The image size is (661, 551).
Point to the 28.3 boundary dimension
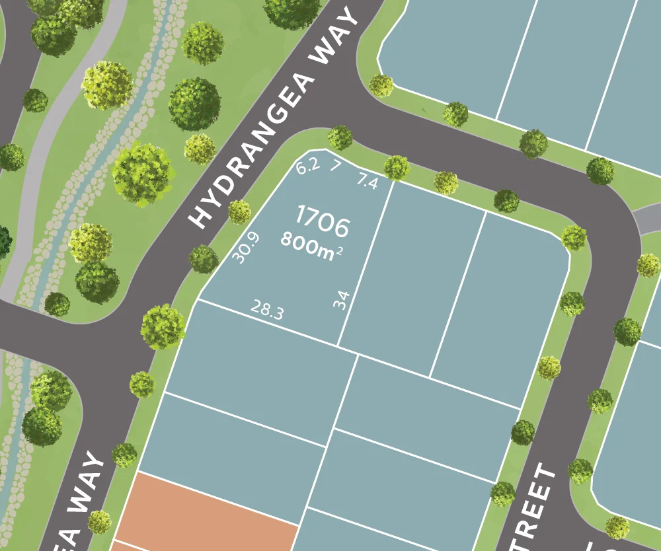click(x=268, y=309)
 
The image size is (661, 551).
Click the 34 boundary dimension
click(x=341, y=301)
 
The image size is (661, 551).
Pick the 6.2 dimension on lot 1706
click(x=307, y=166)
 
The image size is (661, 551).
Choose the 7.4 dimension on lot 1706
click(x=367, y=181)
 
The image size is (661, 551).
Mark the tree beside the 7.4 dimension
click(x=397, y=168)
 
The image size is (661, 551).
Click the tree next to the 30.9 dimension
click(x=239, y=212)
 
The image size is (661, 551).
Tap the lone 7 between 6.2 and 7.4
click(x=335, y=165)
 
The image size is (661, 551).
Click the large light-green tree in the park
click(x=143, y=173)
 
